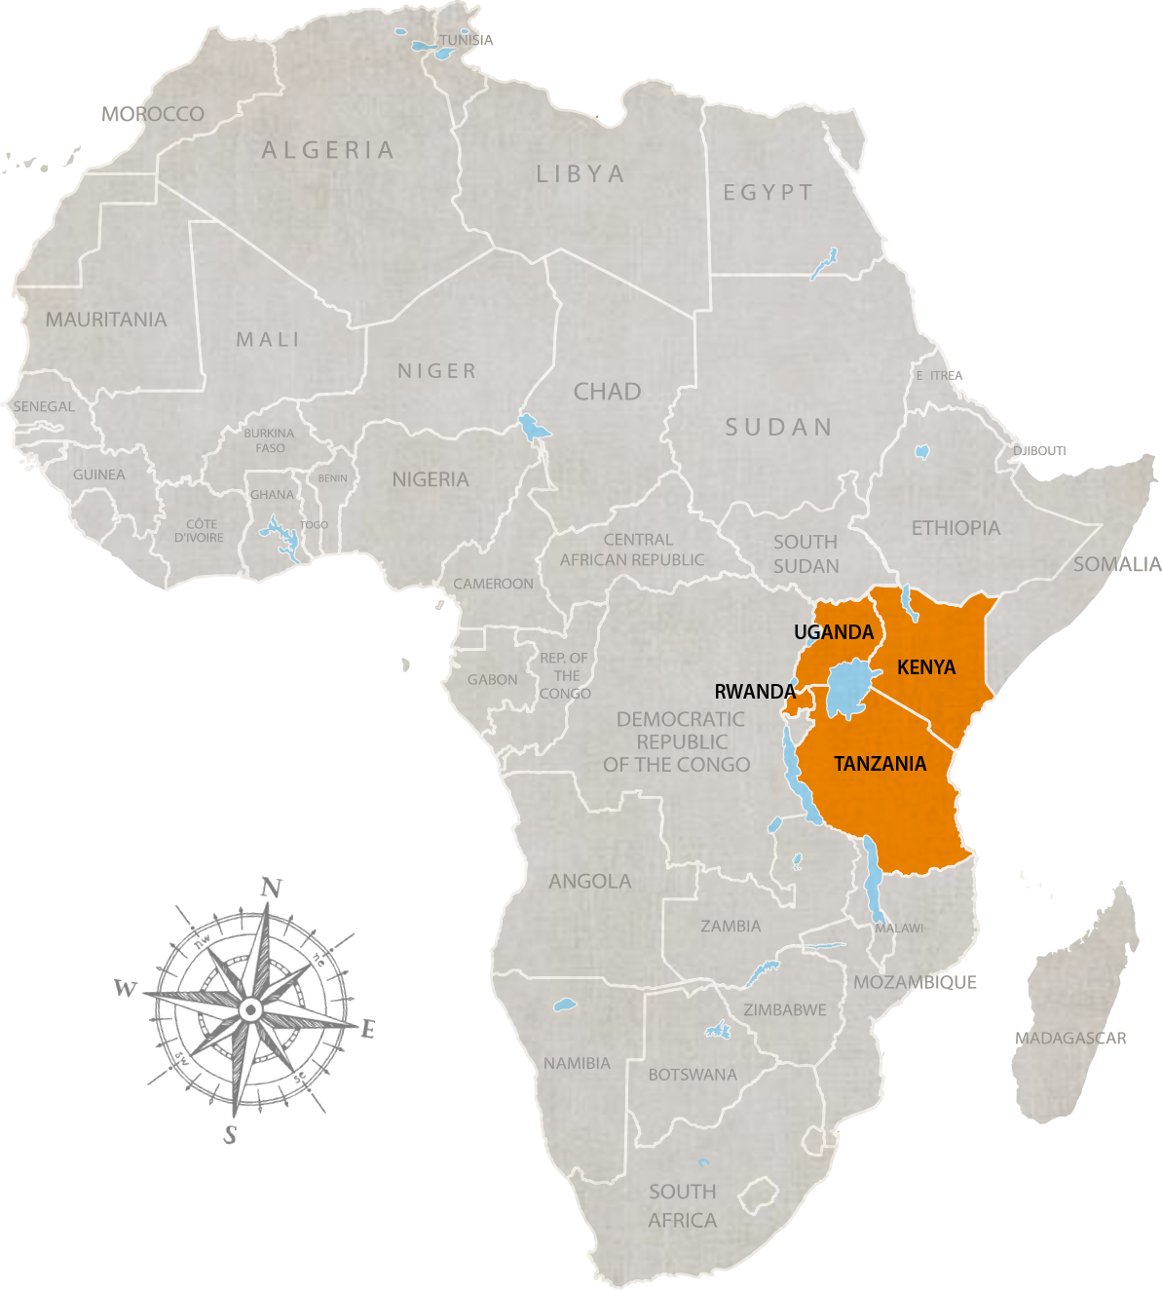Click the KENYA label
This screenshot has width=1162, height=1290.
pos(926,667)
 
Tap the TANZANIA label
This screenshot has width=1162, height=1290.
pos(880,764)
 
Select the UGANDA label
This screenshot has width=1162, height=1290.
pos(834,632)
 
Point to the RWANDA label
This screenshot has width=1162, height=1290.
pos(755,692)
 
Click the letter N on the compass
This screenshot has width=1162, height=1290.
pos(272,888)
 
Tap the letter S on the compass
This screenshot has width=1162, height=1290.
pos(230,1134)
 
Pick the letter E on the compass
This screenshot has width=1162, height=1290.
pos(368,1029)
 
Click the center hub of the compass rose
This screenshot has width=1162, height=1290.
pos(249,1009)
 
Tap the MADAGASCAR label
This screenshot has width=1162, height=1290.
pos(1070,1039)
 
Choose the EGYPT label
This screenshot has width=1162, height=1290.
pos(768,193)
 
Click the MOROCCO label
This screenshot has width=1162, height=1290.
pos(153,114)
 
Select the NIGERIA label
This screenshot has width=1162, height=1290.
pos(431,479)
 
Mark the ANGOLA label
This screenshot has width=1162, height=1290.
pos(590,881)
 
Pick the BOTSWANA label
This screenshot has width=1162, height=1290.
pos(693,1075)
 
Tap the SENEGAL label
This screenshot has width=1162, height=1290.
pos(44,406)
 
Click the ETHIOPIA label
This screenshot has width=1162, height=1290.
pos(956,528)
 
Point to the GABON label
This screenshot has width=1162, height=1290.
pos(492,679)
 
